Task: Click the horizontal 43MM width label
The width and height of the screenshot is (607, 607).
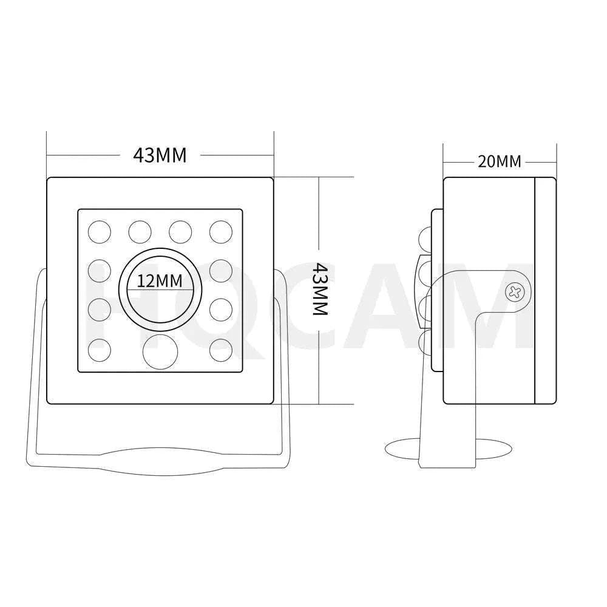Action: coord(160,155)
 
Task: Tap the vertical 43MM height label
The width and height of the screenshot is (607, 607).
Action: coord(320,289)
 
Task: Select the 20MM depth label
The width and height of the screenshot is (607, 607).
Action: coord(500,161)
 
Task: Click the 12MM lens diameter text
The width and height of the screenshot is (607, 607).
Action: coord(160,280)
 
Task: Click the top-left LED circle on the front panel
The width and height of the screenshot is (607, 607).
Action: coord(100,232)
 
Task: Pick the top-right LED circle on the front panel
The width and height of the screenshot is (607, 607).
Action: coord(221,232)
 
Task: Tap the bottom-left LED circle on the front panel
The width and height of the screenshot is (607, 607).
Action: coord(100,350)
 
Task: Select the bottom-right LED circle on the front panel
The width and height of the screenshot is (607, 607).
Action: coord(221,350)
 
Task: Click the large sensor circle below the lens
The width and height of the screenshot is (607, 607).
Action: coord(160,351)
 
